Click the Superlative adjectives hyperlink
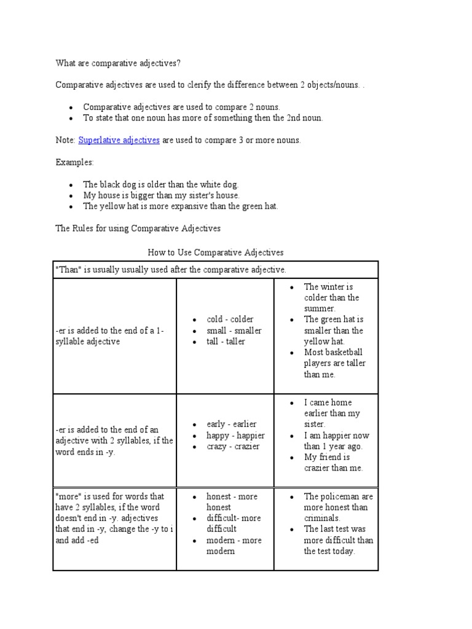119,140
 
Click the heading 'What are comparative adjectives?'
119,63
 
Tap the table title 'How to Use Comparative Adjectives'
216,252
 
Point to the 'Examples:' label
75,162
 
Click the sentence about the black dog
160,184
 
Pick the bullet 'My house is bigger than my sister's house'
161,195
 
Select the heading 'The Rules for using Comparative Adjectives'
138,229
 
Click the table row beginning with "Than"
171,270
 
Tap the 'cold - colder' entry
230,319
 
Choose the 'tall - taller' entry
226,342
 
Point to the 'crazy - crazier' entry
233,447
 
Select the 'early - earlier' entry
232,424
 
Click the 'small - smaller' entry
234,330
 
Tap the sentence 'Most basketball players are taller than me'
334,363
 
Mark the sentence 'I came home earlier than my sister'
332,413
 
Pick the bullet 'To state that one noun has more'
202,118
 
